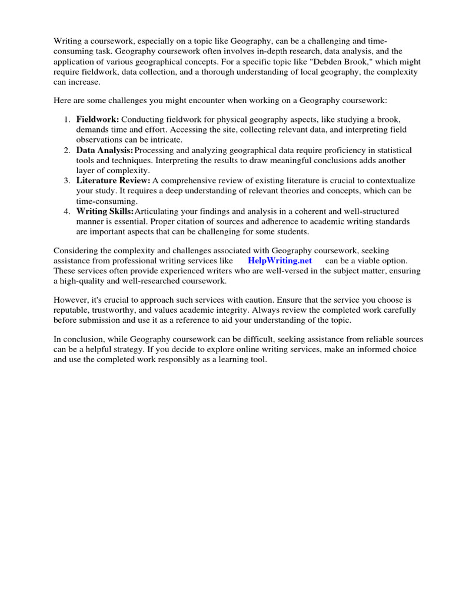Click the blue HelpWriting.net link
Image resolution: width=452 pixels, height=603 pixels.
tap(280, 260)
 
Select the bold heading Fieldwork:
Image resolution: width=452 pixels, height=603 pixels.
tap(98, 120)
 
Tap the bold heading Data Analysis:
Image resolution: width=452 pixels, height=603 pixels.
tap(104, 151)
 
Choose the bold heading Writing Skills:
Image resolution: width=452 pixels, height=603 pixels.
tap(105, 211)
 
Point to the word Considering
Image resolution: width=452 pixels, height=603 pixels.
tap(75, 250)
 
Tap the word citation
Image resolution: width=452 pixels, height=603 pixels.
tap(234, 221)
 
